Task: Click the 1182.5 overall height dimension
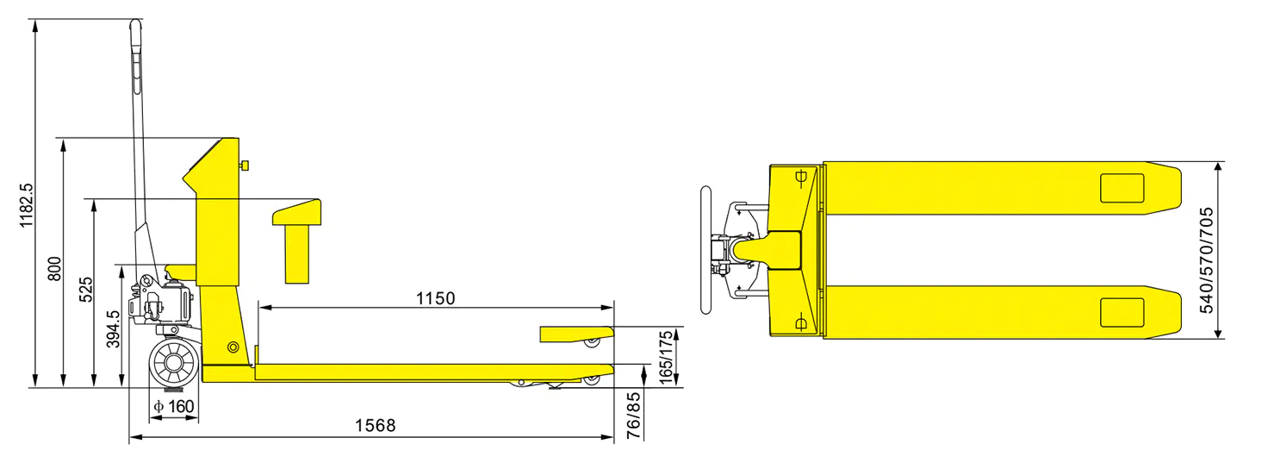[27, 205]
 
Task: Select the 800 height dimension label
[54, 269]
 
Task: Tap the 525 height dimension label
[85, 290]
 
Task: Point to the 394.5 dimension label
[113, 328]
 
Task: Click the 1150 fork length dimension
[435, 298]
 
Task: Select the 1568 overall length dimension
[375, 425]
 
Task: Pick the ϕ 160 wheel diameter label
[174, 406]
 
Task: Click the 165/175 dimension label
[666, 358]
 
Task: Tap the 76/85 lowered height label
[634, 416]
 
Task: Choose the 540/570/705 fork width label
[1206, 260]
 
